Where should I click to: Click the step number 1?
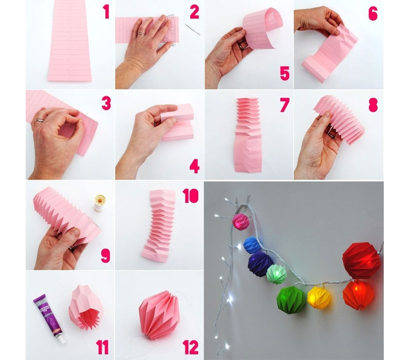tap(106, 11)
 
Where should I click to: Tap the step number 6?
tap(373, 14)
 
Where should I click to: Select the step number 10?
tap(191, 196)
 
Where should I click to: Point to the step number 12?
tap(191, 348)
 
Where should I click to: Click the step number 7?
tap(284, 105)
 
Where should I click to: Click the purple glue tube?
tap(49, 319)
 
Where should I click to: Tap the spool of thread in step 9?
tap(99, 203)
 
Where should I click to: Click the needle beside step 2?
tap(193, 29)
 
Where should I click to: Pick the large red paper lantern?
tap(361, 261)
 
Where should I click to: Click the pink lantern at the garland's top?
tap(241, 222)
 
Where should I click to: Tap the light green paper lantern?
tap(276, 274)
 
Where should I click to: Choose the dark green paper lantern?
tap(291, 299)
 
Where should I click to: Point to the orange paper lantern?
tap(360, 294)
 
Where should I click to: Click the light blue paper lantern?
tap(251, 245)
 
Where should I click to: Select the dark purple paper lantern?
tap(260, 264)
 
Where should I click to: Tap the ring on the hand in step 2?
tap(141, 34)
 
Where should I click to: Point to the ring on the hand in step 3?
tap(40, 121)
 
